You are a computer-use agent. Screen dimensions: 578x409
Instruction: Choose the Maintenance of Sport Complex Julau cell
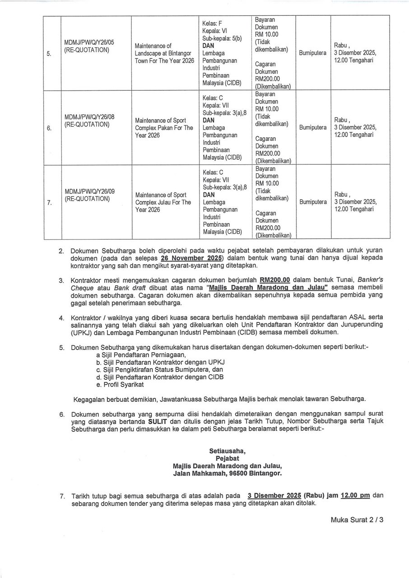coord(163,202)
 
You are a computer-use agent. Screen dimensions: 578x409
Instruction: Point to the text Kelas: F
coord(212,23)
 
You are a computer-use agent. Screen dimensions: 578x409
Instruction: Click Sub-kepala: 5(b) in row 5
coord(222,38)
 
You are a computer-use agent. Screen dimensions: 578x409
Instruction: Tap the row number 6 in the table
coord(48,128)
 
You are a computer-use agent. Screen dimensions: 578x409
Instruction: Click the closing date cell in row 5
coord(355,53)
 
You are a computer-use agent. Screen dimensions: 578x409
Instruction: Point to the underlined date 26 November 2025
coord(192,258)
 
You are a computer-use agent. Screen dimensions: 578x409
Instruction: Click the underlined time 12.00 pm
coord(355,495)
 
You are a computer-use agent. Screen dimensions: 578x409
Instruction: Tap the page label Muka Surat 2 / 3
coord(357,520)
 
